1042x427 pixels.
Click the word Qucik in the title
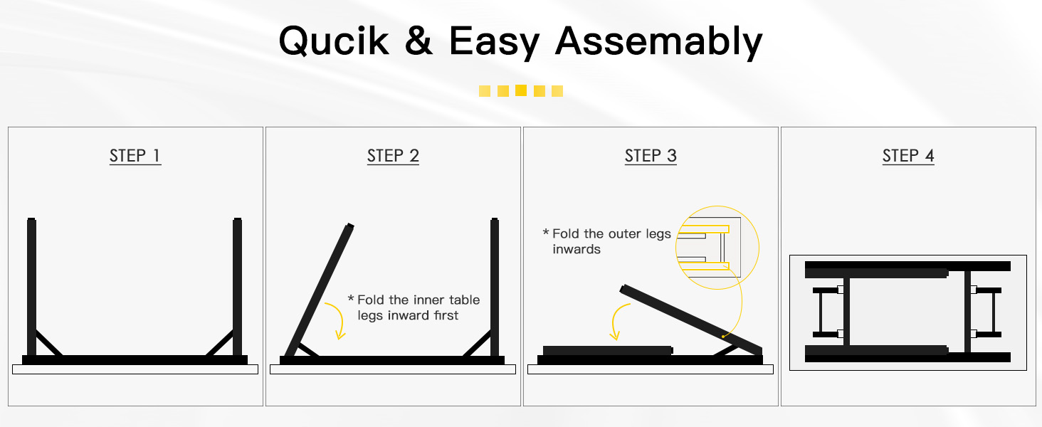click(x=334, y=41)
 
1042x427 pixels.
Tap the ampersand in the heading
click(x=419, y=41)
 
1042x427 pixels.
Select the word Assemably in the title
click(x=658, y=42)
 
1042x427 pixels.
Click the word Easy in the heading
click(x=494, y=43)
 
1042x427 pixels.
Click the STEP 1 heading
click(x=135, y=156)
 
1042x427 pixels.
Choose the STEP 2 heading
click(x=393, y=156)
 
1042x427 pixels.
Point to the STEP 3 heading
click(x=651, y=156)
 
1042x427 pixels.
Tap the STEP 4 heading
click(x=908, y=156)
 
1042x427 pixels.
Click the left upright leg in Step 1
click(x=31, y=287)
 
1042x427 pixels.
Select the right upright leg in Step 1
click(x=237, y=287)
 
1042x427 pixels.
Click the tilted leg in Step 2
click(x=319, y=290)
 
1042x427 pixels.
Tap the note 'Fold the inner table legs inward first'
click(x=414, y=307)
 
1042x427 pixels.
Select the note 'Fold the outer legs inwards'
click(x=607, y=241)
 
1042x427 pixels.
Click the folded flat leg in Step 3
click(x=608, y=350)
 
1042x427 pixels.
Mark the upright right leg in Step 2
click(x=495, y=287)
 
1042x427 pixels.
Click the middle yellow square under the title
click(x=521, y=90)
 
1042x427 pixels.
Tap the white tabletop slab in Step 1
click(x=135, y=369)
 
